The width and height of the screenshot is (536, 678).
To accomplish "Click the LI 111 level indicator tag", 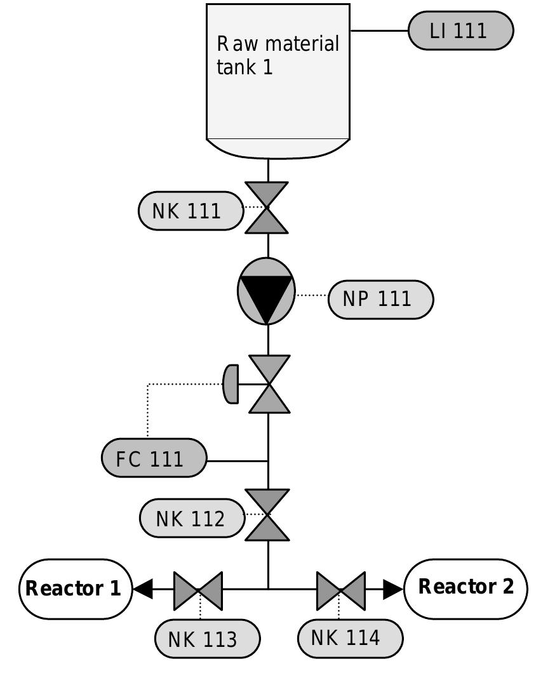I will (460, 31).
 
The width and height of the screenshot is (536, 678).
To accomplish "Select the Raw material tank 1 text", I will (278, 56).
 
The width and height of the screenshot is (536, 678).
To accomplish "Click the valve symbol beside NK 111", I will (268, 208).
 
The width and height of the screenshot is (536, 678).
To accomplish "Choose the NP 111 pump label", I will (380, 298).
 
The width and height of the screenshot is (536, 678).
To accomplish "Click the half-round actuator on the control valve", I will (231, 383).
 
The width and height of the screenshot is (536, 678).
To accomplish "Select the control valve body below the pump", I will (269, 384).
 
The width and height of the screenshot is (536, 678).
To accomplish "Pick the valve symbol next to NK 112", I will (268, 514).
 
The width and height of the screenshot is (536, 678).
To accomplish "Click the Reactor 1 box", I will (73, 588).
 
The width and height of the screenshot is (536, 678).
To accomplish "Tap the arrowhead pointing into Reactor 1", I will (143, 589).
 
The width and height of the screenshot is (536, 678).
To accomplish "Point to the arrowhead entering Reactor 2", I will (393, 589).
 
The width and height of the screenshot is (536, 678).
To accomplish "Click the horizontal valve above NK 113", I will (198, 590).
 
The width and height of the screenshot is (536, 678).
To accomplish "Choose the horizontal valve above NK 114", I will (340, 590).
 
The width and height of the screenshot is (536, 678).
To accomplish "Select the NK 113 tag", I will (207, 639).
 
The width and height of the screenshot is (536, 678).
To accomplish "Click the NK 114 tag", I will (350, 637).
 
